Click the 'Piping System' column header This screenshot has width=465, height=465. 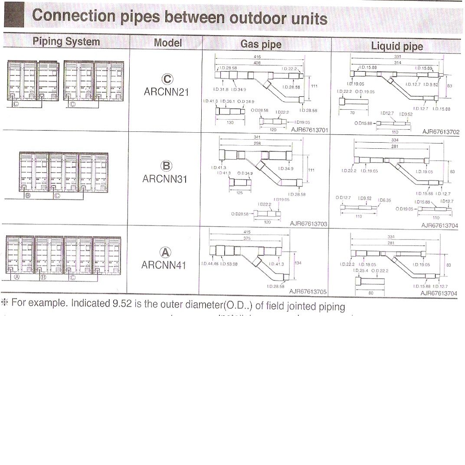tap(66, 42)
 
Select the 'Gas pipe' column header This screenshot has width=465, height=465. tap(261, 44)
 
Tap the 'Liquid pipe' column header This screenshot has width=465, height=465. tap(396, 46)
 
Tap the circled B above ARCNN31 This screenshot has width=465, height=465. tap(166, 166)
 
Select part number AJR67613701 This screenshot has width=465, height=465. tap(309, 129)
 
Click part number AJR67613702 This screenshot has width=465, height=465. tap(441, 132)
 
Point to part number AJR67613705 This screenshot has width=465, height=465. tap(308, 291)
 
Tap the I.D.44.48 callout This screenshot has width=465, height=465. tap(210, 264)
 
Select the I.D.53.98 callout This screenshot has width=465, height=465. tap(229, 264)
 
